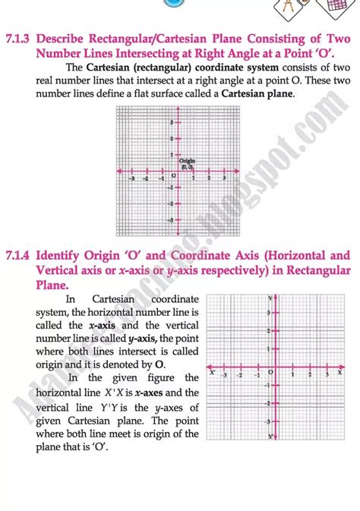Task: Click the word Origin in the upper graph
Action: (187, 161)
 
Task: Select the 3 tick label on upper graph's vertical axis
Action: (172, 122)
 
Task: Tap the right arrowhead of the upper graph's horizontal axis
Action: (242, 172)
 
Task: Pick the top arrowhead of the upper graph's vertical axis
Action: (177, 109)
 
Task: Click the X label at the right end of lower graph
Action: (339, 372)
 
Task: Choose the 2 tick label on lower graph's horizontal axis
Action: (310, 375)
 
